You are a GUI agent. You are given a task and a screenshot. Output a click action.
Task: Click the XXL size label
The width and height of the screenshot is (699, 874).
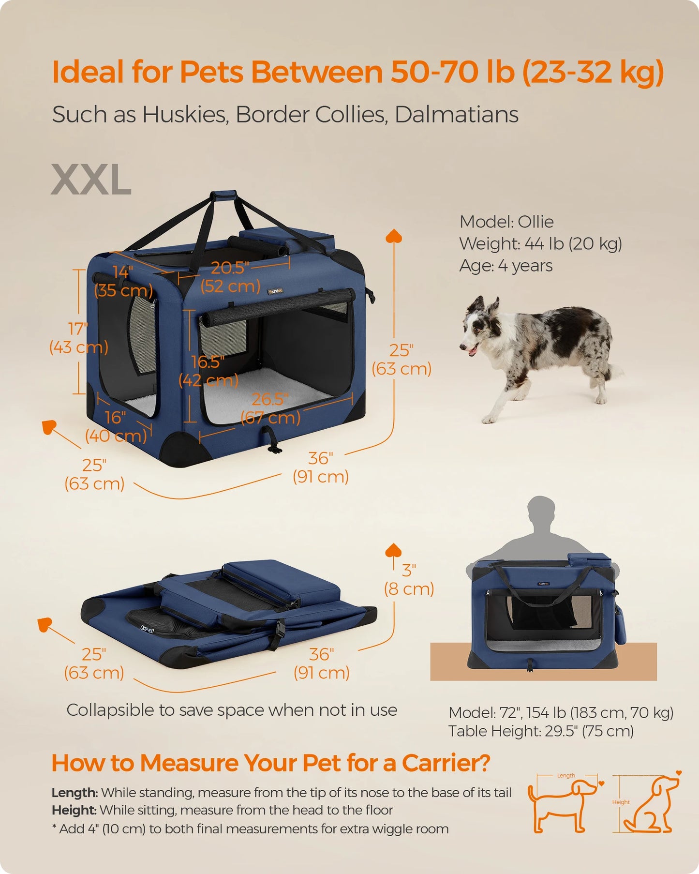coord(91,179)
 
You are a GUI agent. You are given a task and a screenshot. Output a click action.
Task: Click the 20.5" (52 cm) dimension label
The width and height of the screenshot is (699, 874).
coord(231,277)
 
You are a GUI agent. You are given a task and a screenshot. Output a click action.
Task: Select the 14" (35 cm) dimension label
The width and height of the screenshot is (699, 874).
coord(123,281)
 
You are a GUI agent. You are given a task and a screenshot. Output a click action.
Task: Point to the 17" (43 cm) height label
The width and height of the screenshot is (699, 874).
coord(78,338)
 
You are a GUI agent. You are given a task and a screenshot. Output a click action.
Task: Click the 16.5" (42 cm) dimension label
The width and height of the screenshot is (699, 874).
coord(208,371)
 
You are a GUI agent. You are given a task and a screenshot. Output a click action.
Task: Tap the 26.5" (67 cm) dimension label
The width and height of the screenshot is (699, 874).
coord(270,408)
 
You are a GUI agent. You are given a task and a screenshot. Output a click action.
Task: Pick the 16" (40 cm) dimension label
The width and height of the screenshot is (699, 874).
coord(116,426)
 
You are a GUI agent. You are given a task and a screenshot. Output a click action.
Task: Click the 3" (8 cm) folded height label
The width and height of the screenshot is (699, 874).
coord(409,580)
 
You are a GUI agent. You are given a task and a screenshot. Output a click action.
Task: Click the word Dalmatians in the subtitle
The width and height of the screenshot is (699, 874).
coord(457,115)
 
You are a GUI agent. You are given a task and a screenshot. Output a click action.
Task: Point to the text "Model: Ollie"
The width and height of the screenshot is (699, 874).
coord(506,222)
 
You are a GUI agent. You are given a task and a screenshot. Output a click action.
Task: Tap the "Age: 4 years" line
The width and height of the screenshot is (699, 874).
coord(506,266)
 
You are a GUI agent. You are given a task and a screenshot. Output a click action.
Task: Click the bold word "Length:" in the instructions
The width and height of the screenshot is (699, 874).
coord(75,793)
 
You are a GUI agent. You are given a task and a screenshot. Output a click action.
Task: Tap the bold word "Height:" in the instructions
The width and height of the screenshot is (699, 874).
coord(74,810)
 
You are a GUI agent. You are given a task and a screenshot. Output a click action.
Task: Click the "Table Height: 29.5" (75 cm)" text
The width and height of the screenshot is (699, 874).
coord(541,731)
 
